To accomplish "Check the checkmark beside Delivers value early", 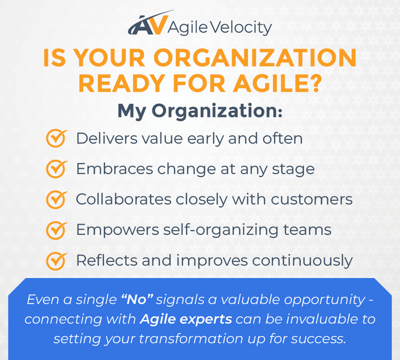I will click(x=56, y=138).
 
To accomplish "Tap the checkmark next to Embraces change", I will click(x=56, y=169).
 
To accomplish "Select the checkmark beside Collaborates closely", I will click(x=56, y=199).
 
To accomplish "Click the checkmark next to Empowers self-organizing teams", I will click(x=56, y=230).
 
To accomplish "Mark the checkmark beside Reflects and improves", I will click(x=56, y=260).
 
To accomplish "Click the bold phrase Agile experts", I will click(x=186, y=319).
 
